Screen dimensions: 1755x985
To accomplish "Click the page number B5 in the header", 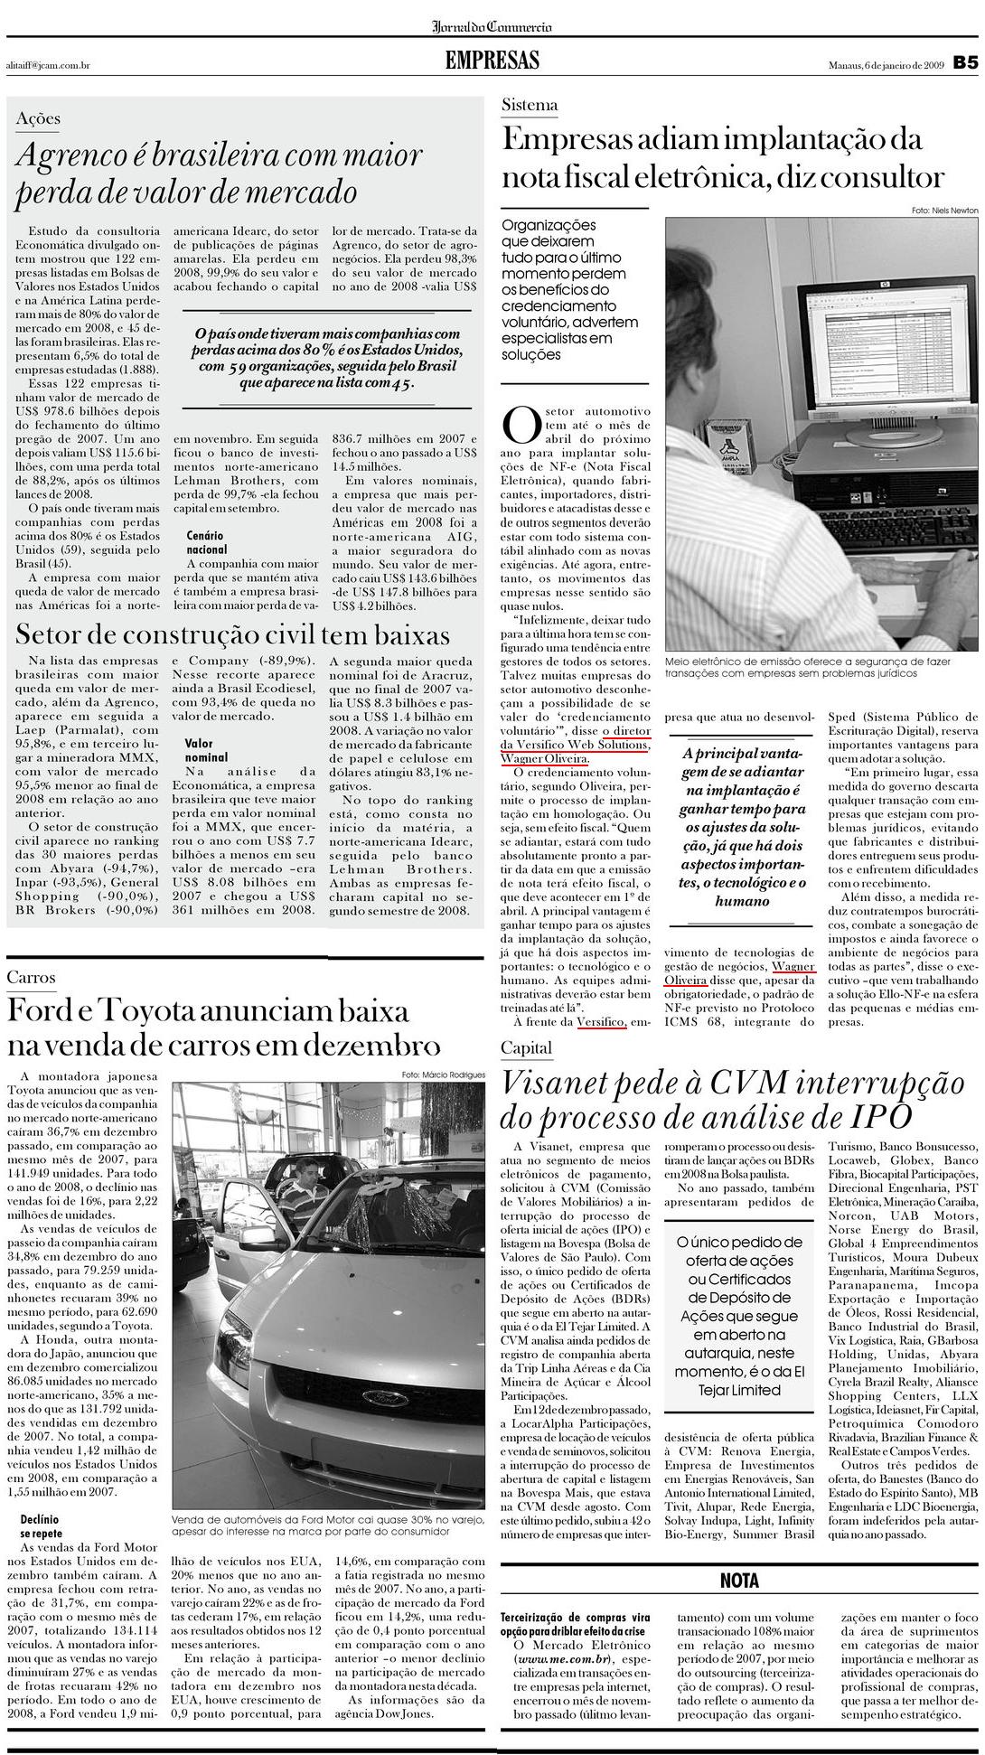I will pos(965,63).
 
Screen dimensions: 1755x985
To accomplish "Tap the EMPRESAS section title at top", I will pos(492,61).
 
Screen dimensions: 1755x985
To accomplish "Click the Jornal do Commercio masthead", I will pos(492,27).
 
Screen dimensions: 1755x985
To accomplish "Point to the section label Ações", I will pos(38,118).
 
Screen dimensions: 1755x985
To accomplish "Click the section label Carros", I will pos(31,977).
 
